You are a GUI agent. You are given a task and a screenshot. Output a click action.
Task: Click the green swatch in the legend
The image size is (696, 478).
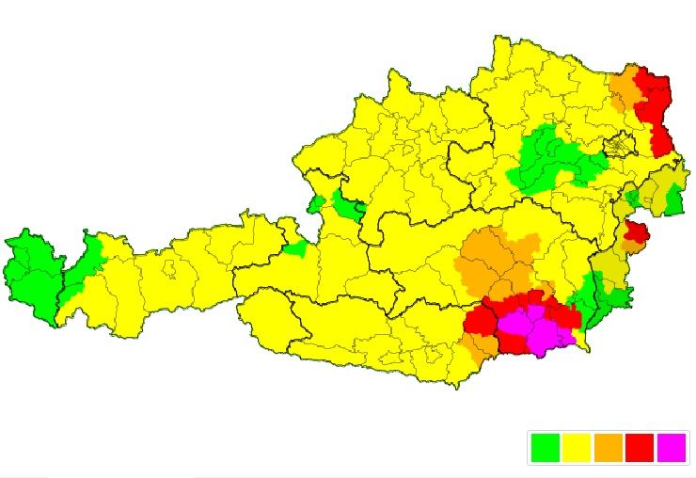pyautogui.click(x=545, y=448)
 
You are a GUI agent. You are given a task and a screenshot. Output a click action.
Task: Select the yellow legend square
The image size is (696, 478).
pyautogui.click(x=576, y=448)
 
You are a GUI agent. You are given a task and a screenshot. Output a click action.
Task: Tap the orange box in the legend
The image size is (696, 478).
pyautogui.click(x=608, y=448)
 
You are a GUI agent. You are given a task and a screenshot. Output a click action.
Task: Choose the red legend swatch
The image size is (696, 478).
pyautogui.click(x=640, y=448)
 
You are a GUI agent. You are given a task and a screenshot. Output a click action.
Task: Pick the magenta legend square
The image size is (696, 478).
pyautogui.click(x=672, y=448)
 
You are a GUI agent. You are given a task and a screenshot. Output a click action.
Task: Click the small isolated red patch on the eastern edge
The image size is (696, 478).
pyautogui.click(x=637, y=231)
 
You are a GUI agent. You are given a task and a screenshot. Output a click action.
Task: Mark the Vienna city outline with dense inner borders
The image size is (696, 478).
pyautogui.click(x=619, y=147)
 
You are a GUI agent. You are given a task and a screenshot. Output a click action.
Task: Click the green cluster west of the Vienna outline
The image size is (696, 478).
pyautogui.click(x=550, y=160)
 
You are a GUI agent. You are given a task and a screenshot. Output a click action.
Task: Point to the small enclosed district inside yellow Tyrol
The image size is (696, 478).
pyautogui.click(x=170, y=271)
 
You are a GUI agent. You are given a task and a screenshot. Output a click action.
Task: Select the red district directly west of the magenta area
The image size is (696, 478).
pyautogui.click(x=480, y=320)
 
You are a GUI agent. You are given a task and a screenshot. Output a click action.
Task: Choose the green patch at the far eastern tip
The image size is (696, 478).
pyautogui.click(x=673, y=199)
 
